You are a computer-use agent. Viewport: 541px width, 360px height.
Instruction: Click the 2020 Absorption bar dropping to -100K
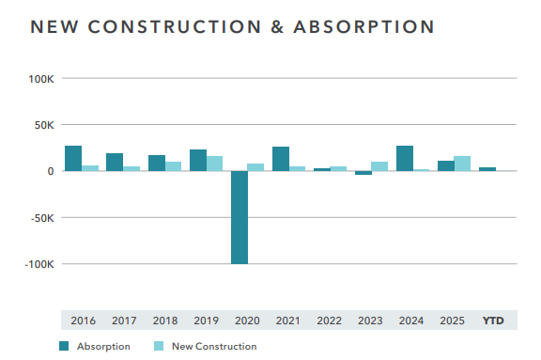click(x=240, y=217)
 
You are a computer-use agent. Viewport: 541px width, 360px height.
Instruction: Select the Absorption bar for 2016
click(x=73, y=158)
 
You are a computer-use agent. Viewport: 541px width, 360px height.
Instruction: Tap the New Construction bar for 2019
click(x=215, y=164)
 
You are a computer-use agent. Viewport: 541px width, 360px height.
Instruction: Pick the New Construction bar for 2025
click(x=462, y=164)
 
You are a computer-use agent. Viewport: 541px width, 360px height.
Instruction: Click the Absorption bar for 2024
click(x=405, y=158)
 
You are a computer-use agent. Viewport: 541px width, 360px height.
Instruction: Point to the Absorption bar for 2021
click(x=281, y=159)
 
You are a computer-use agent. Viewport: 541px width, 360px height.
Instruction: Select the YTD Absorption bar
click(x=487, y=169)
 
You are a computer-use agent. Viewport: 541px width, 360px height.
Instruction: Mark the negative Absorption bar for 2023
click(x=363, y=173)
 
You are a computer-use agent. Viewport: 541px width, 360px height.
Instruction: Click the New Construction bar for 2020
click(x=256, y=167)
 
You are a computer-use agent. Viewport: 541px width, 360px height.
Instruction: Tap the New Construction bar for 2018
click(x=174, y=166)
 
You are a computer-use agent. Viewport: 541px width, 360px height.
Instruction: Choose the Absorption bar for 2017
click(x=115, y=162)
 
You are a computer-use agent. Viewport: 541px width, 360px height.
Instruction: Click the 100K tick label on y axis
click(x=40, y=79)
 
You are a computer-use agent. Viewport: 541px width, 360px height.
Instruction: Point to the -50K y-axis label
click(x=40, y=218)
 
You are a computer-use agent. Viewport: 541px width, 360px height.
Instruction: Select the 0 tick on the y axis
click(x=50, y=171)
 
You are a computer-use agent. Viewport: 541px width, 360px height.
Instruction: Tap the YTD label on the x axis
click(x=493, y=321)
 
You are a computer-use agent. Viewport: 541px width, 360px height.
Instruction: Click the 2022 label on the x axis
click(x=330, y=321)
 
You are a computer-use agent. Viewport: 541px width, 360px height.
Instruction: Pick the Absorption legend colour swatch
click(x=65, y=346)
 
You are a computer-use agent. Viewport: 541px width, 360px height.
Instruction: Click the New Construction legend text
click(x=214, y=347)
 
